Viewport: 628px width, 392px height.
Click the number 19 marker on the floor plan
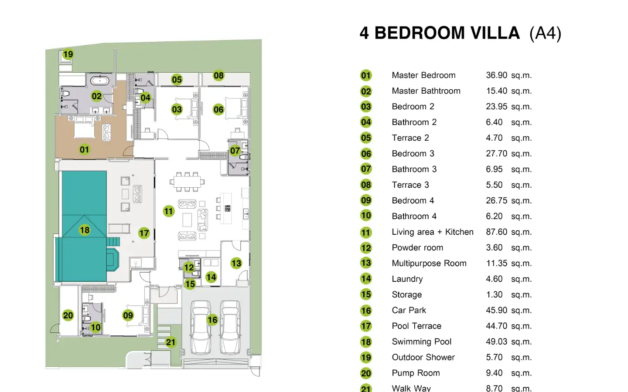tap(68, 54)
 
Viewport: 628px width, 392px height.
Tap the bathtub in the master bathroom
tap(99, 81)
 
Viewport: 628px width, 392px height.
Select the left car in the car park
tap(201, 328)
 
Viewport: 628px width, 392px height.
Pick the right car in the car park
tap(230, 328)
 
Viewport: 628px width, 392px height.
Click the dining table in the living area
tap(187, 182)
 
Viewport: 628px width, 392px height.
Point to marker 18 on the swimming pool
tap(85, 230)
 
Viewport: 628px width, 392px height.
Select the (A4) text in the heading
tap(545, 34)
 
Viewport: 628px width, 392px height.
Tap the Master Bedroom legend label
tap(423, 75)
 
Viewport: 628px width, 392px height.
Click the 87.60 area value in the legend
tap(496, 232)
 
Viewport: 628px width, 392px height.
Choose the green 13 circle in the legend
tap(366, 263)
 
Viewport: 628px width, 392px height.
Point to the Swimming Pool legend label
tap(422, 341)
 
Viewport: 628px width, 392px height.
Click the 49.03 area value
tap(496, 341)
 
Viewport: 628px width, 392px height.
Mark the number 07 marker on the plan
tap(235, 151)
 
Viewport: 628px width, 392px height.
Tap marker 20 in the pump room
tap(68, 315)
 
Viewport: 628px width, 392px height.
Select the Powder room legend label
tap(417, 247)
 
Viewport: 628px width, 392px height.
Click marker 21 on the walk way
tap(171, 342)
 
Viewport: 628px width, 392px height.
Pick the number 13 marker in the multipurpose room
tap(236, 263)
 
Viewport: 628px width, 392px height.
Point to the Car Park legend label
tap(409, 310)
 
